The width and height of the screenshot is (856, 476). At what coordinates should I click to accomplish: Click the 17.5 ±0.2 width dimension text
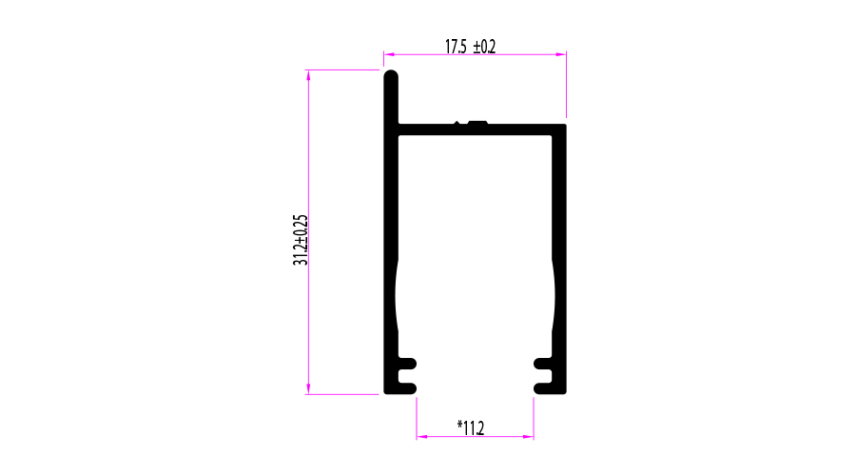(470, 46)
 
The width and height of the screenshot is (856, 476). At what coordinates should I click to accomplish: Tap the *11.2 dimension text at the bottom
(471, 428)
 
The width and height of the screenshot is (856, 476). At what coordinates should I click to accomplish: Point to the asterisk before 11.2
(459, 425)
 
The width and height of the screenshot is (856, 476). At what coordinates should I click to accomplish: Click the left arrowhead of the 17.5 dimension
(388, 54)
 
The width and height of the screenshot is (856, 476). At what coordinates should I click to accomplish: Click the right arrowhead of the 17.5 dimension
(561, 54)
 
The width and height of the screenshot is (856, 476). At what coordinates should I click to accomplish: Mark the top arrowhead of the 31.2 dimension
(308, 75)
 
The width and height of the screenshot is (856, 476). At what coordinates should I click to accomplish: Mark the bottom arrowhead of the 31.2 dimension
(308, 388)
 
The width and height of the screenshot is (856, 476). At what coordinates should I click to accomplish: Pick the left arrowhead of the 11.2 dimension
(421, 437)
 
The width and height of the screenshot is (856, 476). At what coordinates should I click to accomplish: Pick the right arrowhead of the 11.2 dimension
(528, 437)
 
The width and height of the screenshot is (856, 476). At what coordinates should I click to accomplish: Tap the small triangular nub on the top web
(457, 122)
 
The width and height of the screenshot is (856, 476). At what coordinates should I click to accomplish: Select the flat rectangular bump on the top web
(477, 122)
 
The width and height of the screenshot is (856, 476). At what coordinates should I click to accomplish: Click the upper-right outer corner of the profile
(565, 125)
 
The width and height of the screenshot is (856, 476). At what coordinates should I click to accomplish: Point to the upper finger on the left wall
(407, 363)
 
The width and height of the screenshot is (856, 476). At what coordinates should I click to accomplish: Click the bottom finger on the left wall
(407, 387)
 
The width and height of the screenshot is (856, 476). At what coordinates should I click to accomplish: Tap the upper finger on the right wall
(543, 363)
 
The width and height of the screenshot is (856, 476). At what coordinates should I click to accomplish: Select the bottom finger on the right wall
(543, 387)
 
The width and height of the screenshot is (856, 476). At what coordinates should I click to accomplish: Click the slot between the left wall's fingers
(408, 374)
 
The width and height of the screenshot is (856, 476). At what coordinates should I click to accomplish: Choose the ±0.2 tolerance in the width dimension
(483, 46)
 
